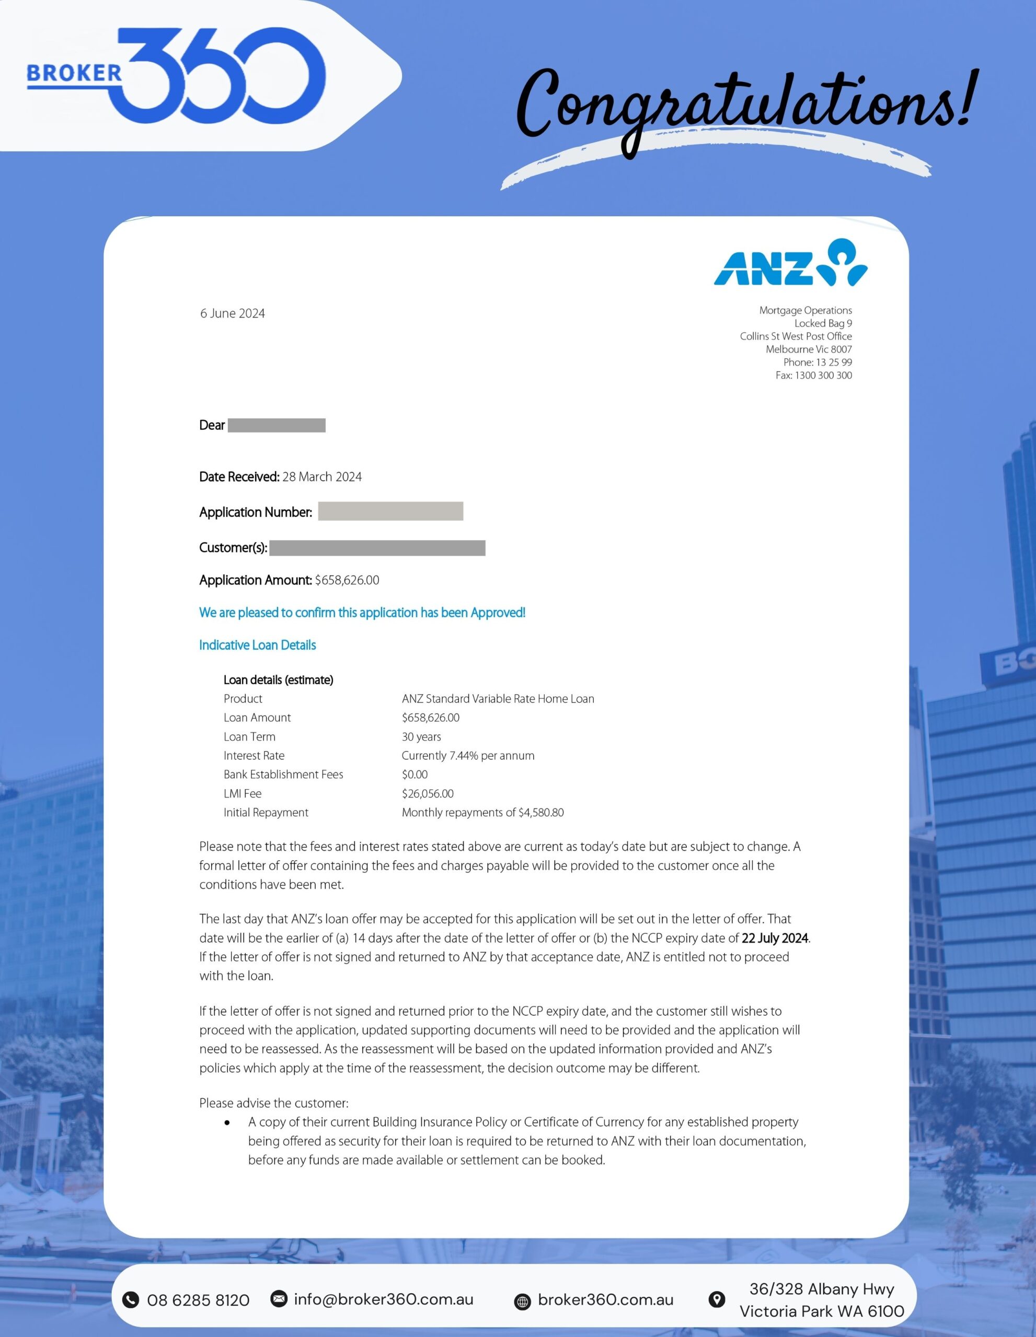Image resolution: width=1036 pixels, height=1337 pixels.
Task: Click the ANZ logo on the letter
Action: pos(790,264)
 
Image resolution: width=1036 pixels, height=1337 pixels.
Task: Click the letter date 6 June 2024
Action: pos(232,313)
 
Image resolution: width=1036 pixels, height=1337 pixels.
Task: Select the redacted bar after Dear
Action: pos(277,426)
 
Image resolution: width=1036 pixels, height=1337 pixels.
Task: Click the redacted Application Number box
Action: pos(390,511)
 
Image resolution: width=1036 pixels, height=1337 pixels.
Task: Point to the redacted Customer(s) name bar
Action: pos(377,548)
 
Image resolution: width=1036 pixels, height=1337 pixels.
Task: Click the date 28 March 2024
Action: pos(321,477)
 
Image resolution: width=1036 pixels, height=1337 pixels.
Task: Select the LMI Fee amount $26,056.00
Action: pos(428,793)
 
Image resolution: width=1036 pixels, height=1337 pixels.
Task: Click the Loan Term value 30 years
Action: pos(421,736)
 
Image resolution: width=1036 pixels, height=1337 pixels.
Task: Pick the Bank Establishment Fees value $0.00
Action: pos(415,775)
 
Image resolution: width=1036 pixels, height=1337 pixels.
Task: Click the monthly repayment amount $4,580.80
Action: pos(541,812)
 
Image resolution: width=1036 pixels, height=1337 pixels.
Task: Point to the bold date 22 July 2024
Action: pos(775,938)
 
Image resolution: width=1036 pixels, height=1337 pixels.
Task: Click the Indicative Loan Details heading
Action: pos(257,645)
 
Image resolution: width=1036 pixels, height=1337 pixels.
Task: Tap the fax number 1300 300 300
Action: pos(823,376)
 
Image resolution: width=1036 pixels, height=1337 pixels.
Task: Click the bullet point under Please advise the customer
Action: pos(227,1123)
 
